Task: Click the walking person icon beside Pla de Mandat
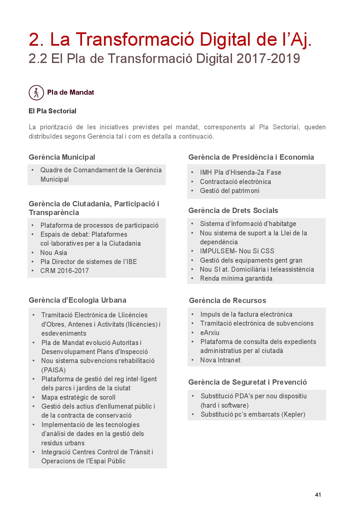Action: pos(36,93)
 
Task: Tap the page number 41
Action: pos(318,495)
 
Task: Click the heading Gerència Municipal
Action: pos(62,157)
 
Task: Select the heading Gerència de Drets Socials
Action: pos(233,210)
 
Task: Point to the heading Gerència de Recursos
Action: pos(227,300)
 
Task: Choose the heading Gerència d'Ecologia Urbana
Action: pos(77,300)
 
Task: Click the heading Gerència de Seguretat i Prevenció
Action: pos(247,382)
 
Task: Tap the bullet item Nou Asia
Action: pos(54,253)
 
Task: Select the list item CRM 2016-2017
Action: pos(65,271)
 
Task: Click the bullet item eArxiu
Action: pos(210,333)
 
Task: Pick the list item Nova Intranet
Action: pos(220,360)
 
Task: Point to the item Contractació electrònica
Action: pos(235,182)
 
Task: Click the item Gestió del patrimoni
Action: pos(230,191)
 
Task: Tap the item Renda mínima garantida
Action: pos(236,278)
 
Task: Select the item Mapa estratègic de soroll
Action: pos(78,397)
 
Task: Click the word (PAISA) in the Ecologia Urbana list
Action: pos(53,370)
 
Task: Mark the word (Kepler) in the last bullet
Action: pos(293,414)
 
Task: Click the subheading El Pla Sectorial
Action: pos(52,111)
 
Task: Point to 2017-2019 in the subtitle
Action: pos(268,59)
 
